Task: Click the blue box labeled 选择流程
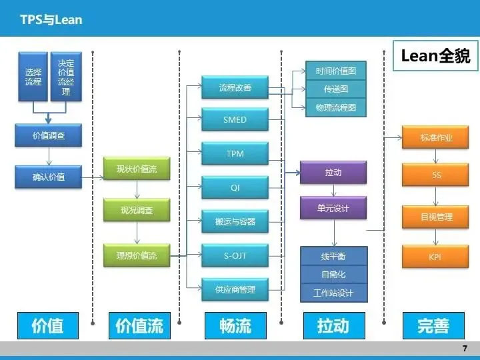33,77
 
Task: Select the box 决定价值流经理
66,77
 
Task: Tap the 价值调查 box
49,136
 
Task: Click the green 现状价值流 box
137,169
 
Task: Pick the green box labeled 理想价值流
137,255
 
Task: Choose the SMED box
235,120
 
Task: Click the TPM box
235,154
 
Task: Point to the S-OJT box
235,255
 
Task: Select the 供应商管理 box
235,290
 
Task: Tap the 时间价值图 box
335,71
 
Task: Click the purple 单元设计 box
333,208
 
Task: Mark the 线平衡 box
333,257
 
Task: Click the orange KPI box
436,257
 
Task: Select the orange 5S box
436,176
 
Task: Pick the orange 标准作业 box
436,137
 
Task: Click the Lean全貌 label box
435,56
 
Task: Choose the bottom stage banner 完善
433,325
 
